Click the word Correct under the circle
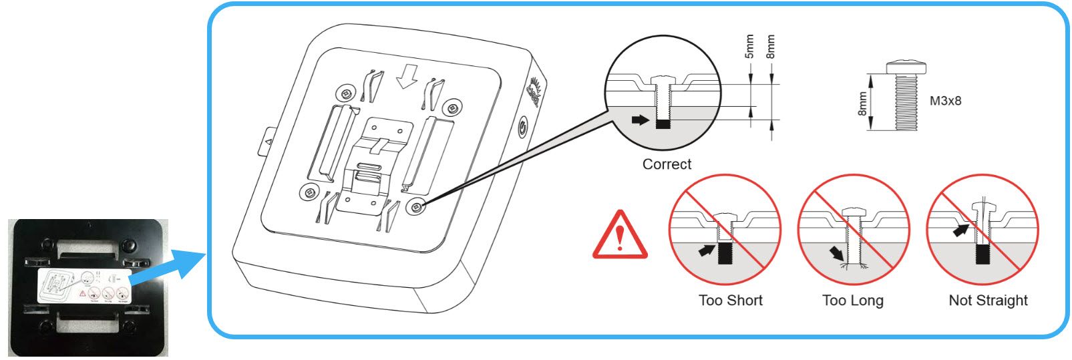pyautogui.click(x=667, y=164)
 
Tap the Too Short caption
pyautogui.click(x=730, y=301)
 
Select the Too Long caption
pyautogui.click(x=852, y=301)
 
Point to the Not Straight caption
pyautogui.click(x=988, y=301)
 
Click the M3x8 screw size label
pyautogui.click(x=945, y=101)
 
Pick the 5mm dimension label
pyautogui.click(x=749, y=47)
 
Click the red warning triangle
pyautogui.click(x=620, y=235)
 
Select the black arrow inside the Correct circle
pyautogui.click(x=640, y=120)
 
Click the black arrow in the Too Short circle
pyautogui.click(x=704, y=250)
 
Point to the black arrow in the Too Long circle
pyautogui.click(x=836, y=253)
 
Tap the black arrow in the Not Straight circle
pyautogui.click(x=960, y=230)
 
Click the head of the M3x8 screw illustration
pyautogui.click(x=906, y=67)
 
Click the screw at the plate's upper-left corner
pyautogui.click(x=346, y=92)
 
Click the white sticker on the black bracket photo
pyautogui.click(x=84, y=287)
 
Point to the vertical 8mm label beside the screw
pyautogui.click(x=862, y=104)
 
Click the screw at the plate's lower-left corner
pyautogui.click(x=308, y=193)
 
